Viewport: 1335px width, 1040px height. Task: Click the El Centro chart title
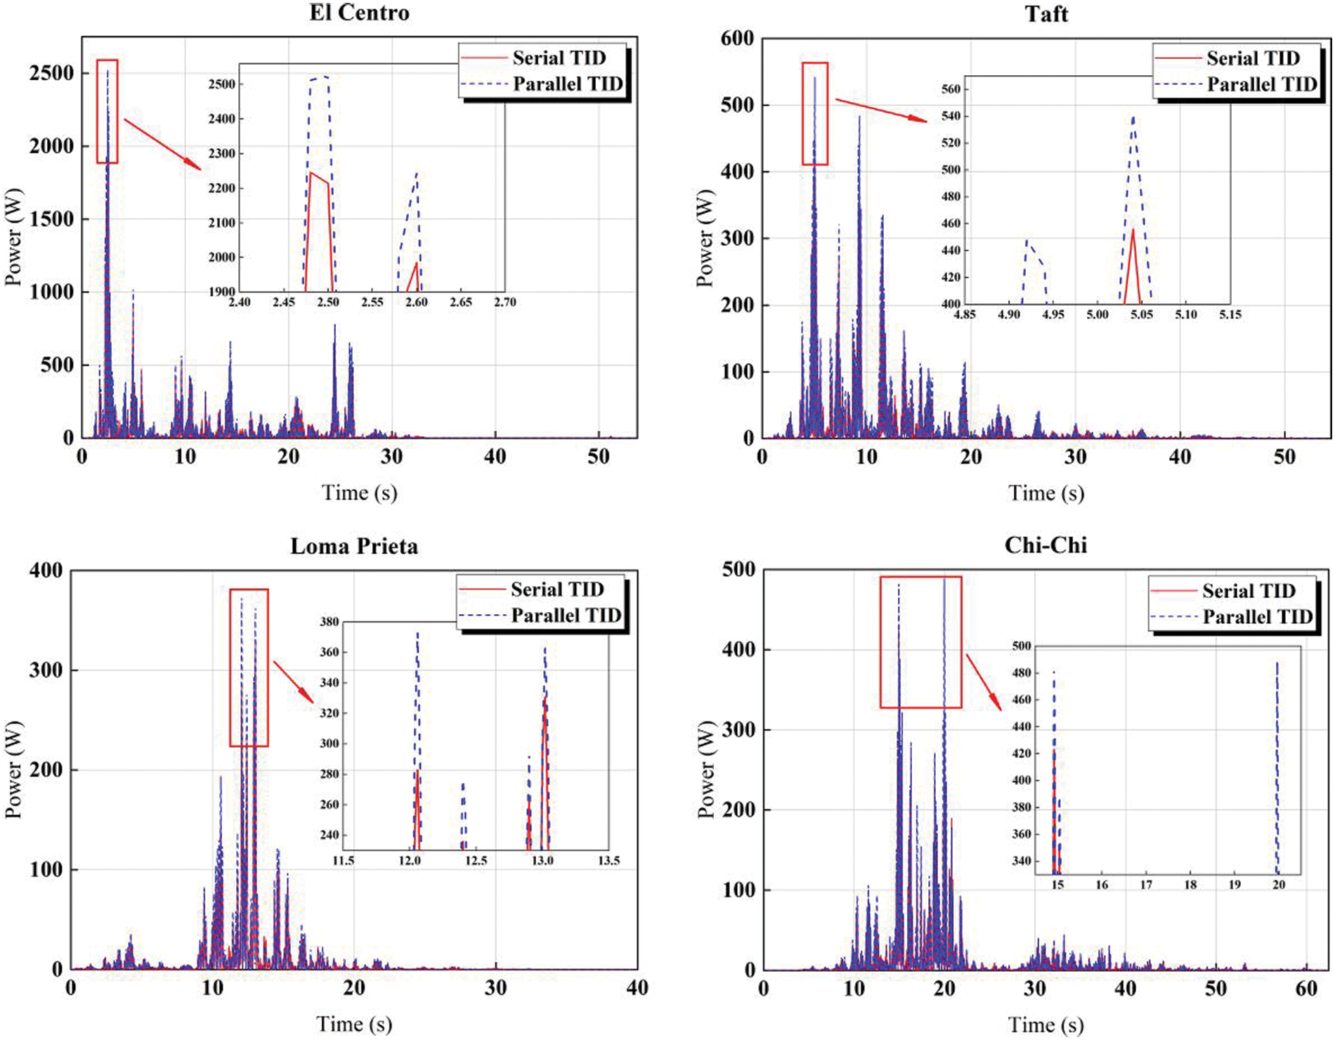tap(359, 13)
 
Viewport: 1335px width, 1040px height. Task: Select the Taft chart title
tap(1046, 14)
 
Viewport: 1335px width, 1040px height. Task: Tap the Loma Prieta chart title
tap(354, 546)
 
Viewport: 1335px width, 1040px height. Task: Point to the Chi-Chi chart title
tap(1046, 545)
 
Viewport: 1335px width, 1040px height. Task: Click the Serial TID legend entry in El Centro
tap(559, 58)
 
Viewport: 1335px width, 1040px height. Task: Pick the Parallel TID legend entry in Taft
tap(1261, 84)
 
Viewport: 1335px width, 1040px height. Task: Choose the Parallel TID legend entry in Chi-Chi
tap(1257, 617)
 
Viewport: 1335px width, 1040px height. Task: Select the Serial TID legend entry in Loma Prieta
tap(556, 590)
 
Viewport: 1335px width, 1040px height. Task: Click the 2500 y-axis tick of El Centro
tap(51, 73)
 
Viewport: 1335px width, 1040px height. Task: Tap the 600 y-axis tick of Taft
tap(737, 39)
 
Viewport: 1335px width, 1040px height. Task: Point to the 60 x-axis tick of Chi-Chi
tap(1306, 989)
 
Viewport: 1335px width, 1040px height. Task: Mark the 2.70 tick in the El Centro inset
tap(504, 302)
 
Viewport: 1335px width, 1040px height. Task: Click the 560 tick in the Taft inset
tap(951, 89)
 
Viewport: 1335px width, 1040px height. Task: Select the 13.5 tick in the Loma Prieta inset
tap(608, 861)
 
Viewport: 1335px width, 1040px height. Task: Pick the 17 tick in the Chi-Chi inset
tap(1146, 885)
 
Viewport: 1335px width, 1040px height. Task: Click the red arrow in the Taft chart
tap(881, 111)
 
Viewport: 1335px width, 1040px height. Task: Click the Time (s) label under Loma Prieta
tap(354, 1024)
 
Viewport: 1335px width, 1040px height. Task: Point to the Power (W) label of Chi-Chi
tap(705, 769)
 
